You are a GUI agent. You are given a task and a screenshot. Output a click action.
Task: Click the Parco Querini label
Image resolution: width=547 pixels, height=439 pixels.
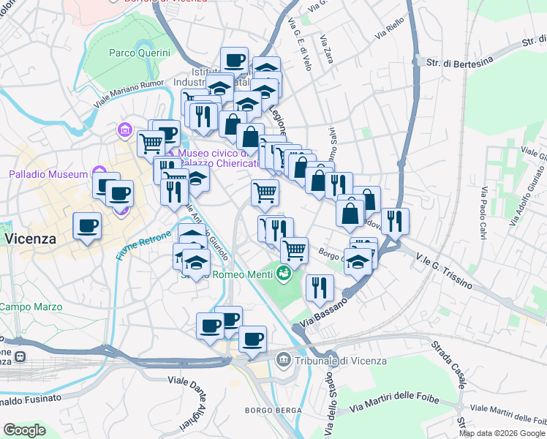click(x=139, y=53)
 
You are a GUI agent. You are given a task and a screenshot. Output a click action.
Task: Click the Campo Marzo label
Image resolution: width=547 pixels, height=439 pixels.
click(x=20, y=307)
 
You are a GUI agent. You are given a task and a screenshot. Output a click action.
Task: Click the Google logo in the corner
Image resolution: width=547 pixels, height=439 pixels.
click(x=24, y=430)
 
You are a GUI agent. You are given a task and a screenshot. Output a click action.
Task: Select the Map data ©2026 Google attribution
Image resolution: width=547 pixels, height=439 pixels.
click(x=502, y=433)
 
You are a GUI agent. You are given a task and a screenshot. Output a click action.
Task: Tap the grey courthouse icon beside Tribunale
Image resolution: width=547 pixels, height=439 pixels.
click(x=283, y=359)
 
